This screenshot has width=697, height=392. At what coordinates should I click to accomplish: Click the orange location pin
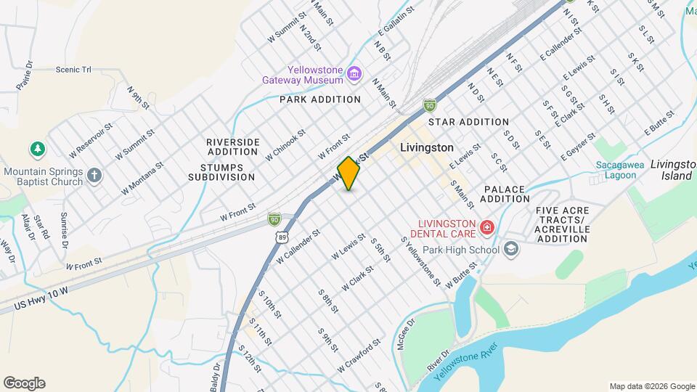click(349, 173)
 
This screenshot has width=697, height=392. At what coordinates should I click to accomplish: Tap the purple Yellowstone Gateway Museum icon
click(354, 73)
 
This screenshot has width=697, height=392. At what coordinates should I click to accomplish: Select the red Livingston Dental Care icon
click(486, 228)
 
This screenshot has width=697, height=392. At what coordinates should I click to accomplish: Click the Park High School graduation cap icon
click(511, 250)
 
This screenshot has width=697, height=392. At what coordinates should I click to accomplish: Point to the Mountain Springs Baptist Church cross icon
click(94, 176)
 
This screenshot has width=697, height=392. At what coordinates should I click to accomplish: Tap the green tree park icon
click(37, 150)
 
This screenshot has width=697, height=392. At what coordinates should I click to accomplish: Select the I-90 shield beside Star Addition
click(430, 107)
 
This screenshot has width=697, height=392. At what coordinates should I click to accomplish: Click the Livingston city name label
click(427, 147)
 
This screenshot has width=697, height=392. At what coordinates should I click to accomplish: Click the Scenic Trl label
click(73, 70)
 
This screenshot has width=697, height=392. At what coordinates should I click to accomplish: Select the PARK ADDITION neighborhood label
click(320, 99)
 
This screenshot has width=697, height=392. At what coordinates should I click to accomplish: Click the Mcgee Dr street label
click(405, 334)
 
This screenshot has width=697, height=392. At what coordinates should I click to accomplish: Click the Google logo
click(24, 383)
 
